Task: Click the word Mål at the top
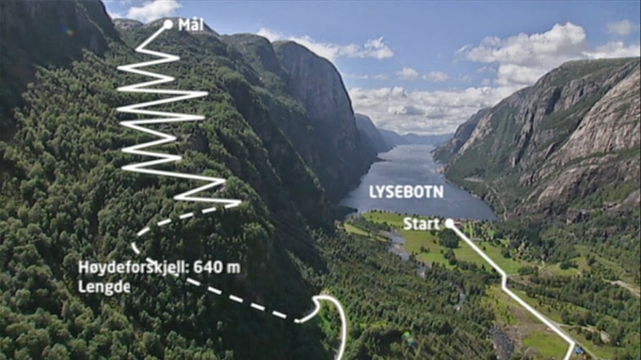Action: tap(192, 25)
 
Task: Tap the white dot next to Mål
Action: tap(168, 25)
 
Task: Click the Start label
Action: tap(421, 224)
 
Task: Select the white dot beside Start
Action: tap(449, 223)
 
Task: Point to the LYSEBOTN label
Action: tap(406, 192)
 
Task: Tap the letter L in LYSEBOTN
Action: tap(373, 192)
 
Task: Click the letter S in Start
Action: tap(407, 224)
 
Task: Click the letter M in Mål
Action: tap(184, 25)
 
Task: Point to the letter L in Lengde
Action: tap(82, 287)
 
